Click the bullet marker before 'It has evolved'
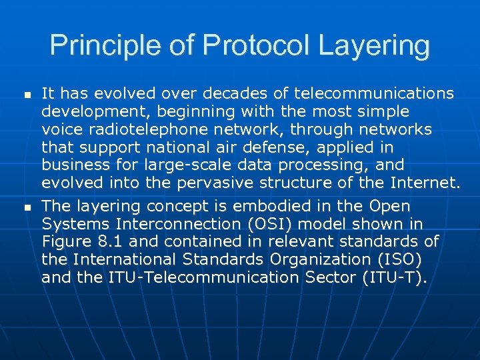click(x=27, y=97)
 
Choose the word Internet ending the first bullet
click(x=423, y=183)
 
